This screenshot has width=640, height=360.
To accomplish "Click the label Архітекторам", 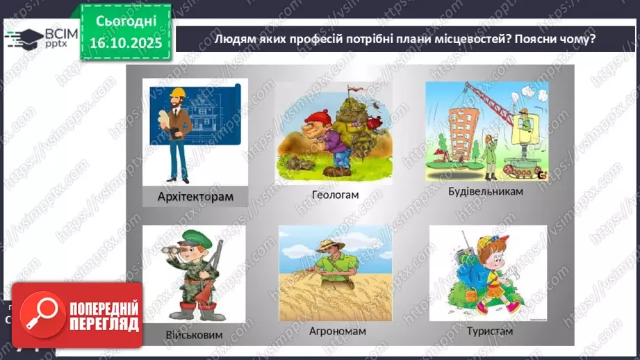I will coord(195,197).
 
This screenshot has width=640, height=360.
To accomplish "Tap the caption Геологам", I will coord(336,195).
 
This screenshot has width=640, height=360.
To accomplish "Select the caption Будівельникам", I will coord(485,191).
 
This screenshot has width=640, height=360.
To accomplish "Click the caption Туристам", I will coord(489,331).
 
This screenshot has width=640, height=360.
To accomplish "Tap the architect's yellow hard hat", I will coord(178,92).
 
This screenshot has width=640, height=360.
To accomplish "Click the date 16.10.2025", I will coord(125,41).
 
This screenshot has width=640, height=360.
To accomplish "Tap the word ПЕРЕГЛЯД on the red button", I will coord(103,325).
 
